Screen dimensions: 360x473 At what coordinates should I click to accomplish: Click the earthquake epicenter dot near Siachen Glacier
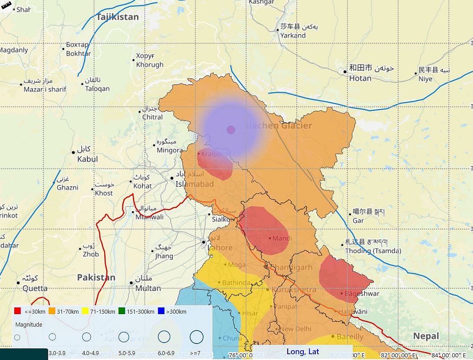231,130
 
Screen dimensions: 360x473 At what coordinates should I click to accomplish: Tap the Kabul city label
87,159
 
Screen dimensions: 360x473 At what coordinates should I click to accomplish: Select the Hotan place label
360,78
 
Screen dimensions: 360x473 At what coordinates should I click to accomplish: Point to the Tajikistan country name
118,17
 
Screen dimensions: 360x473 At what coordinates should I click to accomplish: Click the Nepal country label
426,336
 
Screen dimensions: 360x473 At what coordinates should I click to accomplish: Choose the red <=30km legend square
18,311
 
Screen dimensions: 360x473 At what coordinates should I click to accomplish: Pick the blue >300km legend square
161,311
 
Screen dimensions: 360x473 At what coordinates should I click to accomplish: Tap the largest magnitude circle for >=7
196,337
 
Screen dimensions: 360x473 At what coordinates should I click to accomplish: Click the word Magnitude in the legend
29,325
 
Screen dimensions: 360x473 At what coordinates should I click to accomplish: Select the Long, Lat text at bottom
303,352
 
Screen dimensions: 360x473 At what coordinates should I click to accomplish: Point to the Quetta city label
35,288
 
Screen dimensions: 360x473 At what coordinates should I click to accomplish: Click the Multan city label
148,288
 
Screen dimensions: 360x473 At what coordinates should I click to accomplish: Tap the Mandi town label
282,238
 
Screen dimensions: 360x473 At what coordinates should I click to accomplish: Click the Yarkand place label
293,35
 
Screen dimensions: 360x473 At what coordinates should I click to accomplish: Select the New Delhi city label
296,329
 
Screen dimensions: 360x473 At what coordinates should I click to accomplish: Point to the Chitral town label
152,117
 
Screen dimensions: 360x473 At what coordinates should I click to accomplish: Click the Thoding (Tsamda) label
373,251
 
